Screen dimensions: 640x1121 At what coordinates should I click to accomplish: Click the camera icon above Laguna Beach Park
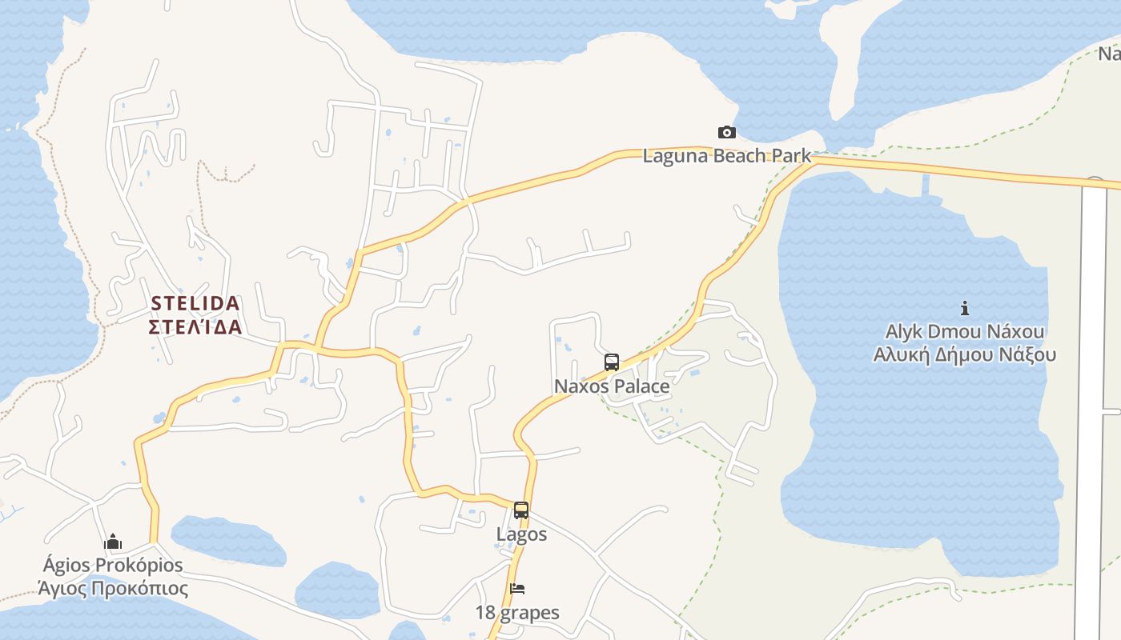pos(726,133)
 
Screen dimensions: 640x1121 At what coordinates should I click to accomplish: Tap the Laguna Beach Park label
pos(726,156)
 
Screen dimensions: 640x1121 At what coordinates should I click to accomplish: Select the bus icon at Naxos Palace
pos(612,362)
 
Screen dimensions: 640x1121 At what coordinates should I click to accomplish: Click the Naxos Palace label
pos(612,386)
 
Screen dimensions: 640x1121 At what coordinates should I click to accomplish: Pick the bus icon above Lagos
pos(521,510)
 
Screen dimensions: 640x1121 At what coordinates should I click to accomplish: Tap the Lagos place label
pos(521,534)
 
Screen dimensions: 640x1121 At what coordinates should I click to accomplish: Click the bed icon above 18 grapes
pos(517,590)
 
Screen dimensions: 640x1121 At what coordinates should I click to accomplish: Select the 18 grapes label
pos(517,614)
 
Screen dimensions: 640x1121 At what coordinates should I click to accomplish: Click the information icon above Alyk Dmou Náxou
pos(965,308)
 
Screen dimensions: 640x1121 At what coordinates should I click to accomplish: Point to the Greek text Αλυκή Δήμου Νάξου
pos(965,355)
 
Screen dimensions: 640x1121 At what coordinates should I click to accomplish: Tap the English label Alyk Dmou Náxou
pos(965,331)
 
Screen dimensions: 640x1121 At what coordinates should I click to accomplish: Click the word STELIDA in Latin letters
pos(195,304)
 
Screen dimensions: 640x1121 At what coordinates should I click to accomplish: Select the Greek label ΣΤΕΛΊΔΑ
pos(195,327)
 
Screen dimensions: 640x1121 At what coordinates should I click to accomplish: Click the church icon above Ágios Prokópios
pos(113,542)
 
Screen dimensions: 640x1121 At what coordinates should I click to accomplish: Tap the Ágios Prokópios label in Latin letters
pos(113,566)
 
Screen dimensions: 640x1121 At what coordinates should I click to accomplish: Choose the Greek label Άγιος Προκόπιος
pos(113,590)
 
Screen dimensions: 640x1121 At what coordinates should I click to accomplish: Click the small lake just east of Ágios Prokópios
pos(228,540)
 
